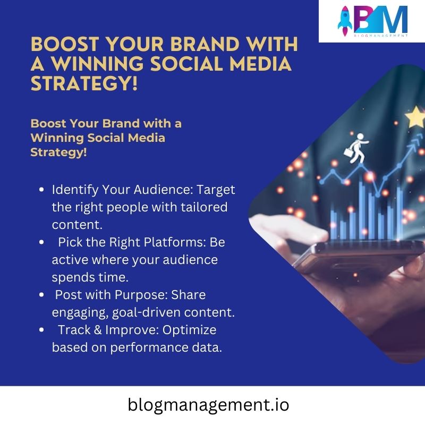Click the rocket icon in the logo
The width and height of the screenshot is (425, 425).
click(x=344, y=21)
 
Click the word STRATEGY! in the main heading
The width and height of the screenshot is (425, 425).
click(x=84, y=83)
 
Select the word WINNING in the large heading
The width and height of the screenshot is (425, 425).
click(x=98, y=63)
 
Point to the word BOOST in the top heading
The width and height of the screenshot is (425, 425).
click(x=65, y=44)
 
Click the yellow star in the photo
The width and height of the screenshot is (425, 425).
click(x=415, y=117)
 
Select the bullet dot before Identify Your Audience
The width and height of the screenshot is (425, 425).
click(x=41, y=190)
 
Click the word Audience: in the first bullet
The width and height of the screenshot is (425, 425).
click(x=164, y=190)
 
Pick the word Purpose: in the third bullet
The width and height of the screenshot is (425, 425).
click(x=141, y=295)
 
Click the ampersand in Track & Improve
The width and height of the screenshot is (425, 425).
click(x=98, y=330)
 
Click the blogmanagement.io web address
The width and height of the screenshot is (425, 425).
click(x=208, y=405)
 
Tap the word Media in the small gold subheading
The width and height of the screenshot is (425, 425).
click(x=147, y=138)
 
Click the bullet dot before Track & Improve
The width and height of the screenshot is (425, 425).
click(x=41, y=330)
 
